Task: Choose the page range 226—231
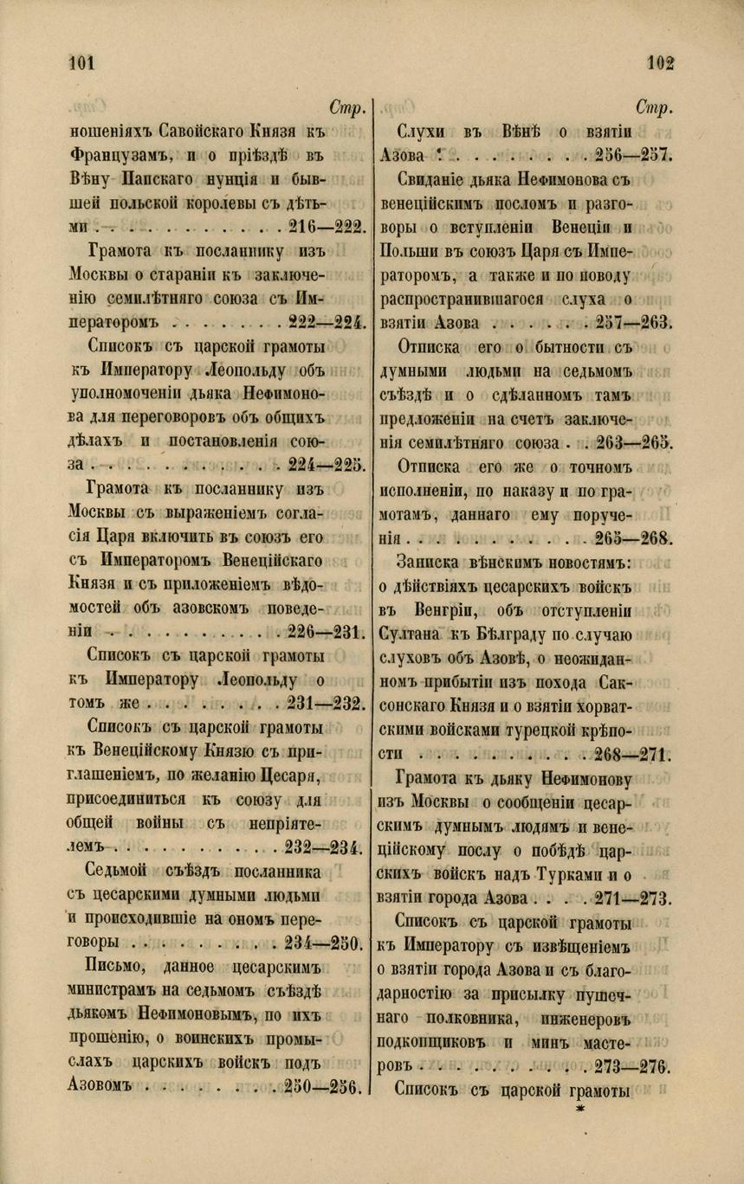[324, 629]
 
